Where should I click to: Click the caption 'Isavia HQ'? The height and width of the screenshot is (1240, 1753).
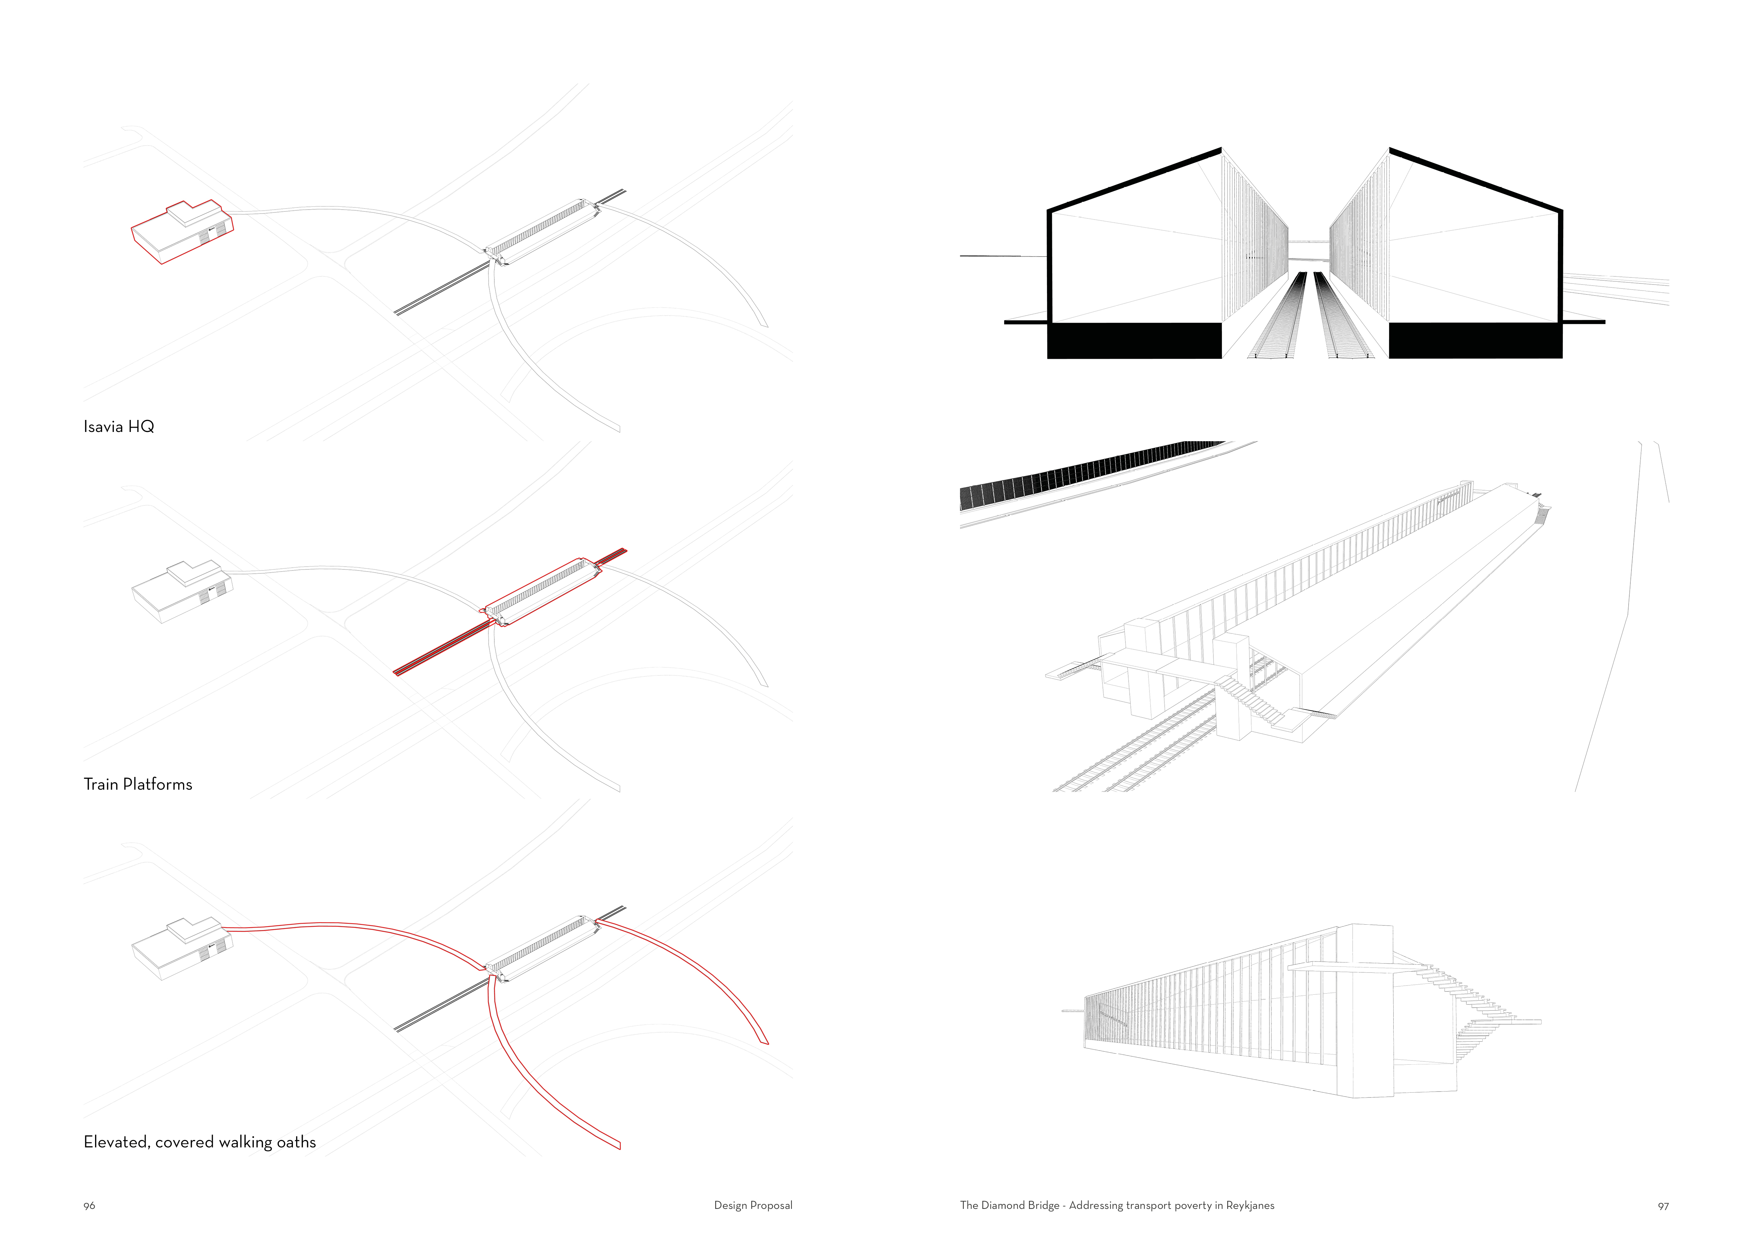[119, 427]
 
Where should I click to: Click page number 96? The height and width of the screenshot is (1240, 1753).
[89, 1206]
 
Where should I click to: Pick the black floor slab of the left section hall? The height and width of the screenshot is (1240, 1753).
[1134, 340]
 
